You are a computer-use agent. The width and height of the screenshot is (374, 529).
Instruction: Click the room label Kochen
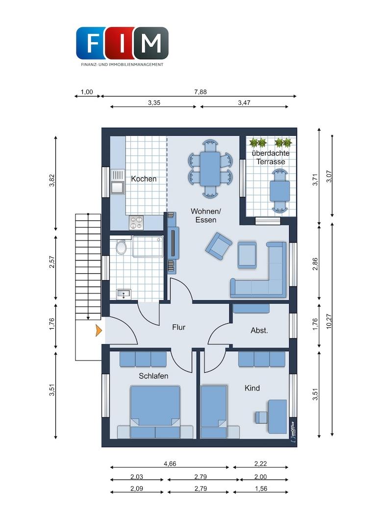coord(144,179)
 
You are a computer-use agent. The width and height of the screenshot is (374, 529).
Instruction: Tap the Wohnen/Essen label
coord(205,215)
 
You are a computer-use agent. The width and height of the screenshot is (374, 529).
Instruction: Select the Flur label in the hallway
coord(178,327)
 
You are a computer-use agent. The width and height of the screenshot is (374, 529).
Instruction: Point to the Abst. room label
coord(259,331)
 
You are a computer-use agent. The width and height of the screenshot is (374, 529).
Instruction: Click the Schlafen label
coord(153,376)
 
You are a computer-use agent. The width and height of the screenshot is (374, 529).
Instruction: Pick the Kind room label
coord(252,388)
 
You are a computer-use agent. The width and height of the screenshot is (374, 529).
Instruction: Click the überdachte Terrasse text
coord(271,157)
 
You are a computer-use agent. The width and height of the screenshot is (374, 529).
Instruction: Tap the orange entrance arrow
coord(99,330)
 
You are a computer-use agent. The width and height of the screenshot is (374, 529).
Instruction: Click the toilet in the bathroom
coord(121,247)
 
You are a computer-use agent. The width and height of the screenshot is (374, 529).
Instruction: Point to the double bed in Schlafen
coord(155,411)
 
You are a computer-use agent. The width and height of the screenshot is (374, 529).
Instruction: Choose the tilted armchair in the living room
coord(219,243)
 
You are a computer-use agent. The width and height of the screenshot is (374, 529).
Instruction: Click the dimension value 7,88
coord(200,92)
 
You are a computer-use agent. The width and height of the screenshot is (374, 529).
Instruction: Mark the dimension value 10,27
coord(329,321)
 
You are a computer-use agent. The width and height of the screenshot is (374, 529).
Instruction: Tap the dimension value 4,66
coord(170,463)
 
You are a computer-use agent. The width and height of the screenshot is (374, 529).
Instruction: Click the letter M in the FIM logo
coord(150,43)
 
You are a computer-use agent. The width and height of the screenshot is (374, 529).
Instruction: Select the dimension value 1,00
coord(86,92)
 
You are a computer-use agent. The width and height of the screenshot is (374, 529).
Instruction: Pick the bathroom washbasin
coord(123,294)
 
